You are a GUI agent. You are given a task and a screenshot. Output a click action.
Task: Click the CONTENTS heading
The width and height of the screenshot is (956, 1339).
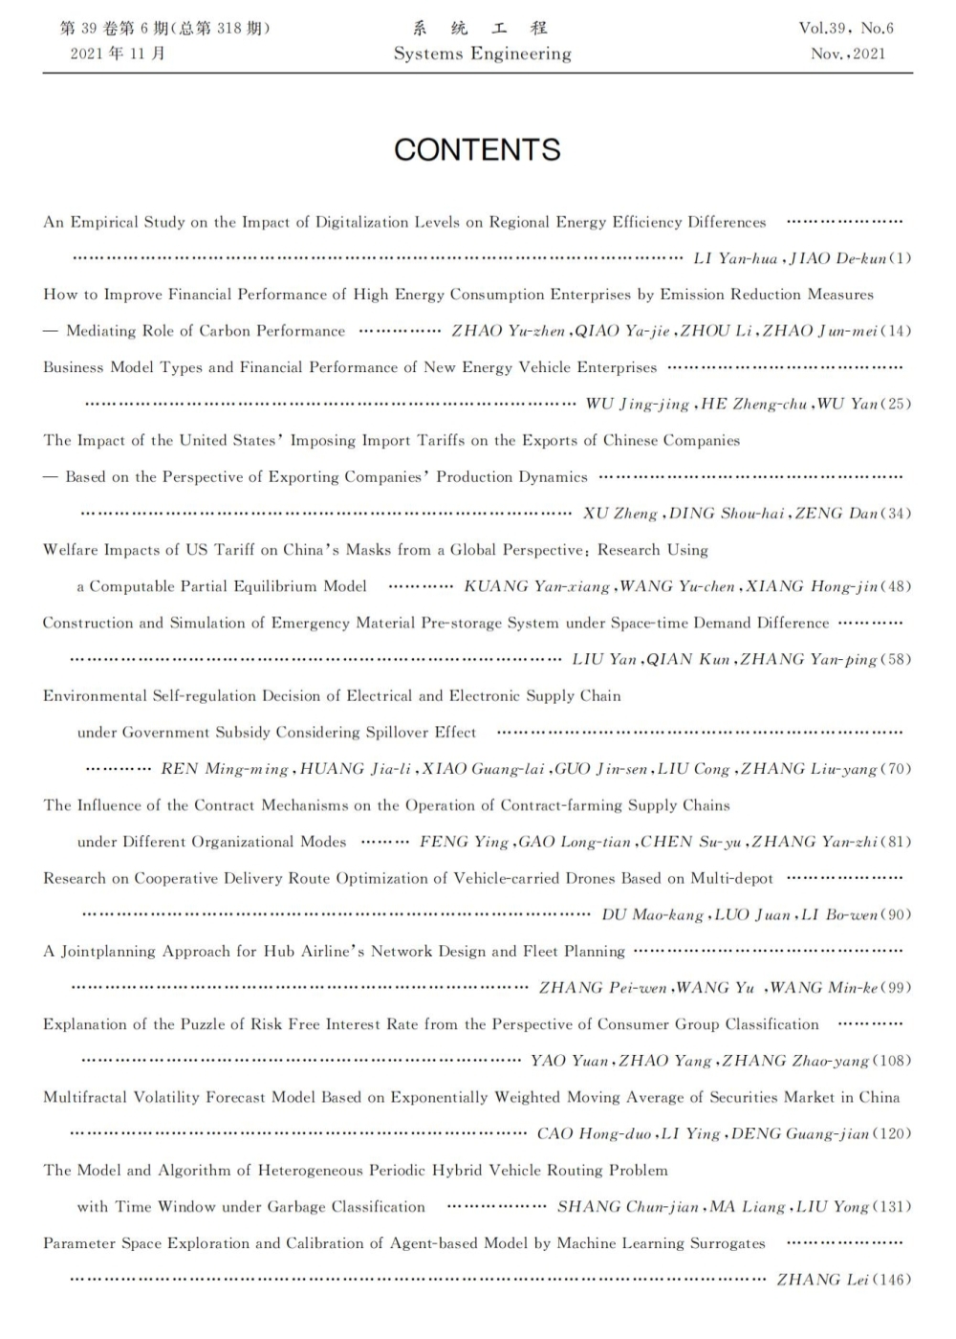click(x=477, y=150)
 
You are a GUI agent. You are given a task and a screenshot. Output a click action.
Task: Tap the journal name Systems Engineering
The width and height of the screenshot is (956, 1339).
click(x=482, y=55)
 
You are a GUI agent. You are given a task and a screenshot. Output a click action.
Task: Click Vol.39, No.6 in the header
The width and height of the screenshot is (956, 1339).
click(x=846, y=29)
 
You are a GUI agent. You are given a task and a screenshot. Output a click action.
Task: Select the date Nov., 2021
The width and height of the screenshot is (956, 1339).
click(x=848, y=55)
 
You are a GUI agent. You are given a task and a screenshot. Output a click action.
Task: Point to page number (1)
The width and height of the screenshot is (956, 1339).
click(x=901, y=258)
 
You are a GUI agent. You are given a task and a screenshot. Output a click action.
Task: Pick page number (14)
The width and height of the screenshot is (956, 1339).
click(x=896, y=331)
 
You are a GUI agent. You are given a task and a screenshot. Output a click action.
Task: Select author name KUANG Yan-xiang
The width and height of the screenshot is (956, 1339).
click(x=536, y=586)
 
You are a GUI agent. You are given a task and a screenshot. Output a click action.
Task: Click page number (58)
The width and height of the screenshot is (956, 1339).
click(x=896, y=659)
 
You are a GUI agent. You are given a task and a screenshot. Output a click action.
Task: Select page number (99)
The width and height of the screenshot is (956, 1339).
click(x=896, y=988)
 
